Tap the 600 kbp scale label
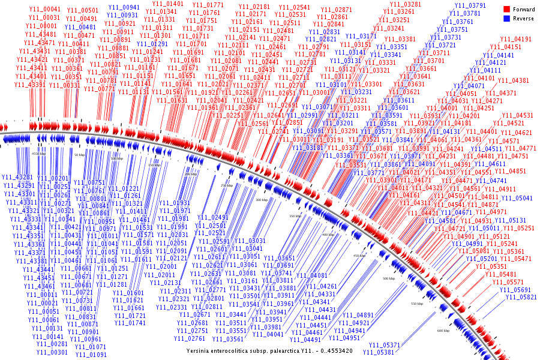443,331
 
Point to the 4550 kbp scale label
38,154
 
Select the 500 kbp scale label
389,278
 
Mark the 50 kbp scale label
79,155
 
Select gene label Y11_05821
520,297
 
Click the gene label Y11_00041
44,10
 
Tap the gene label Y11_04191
515,39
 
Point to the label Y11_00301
52,352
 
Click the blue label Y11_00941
124,7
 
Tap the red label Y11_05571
508,282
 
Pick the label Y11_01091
90,355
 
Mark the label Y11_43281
17,178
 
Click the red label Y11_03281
406,4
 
